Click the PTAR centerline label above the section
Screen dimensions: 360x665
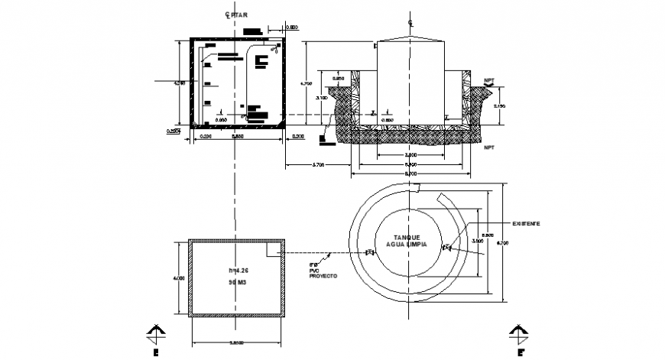pyautogui.click(x=232, y=15)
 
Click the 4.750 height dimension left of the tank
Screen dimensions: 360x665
pyautogui.click(x=304, y=84)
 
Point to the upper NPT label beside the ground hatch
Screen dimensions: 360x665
pyautogui.click(x=489, y=79)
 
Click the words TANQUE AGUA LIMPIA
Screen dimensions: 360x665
pyautogui.click(x=411, y=243)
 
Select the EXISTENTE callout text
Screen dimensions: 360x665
pyautogui.click(x=526, y=223)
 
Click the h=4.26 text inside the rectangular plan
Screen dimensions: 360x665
pyautogui.click(x=238, y=271)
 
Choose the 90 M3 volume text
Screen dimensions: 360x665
pyautogui.click(x=238, y=283)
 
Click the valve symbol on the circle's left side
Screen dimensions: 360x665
pyautogui.click(x=370, y=253)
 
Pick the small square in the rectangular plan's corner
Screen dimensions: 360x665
pyautogui.click(x=274, y=249)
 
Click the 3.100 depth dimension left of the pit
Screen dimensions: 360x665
pyautogui.click(x=322, y=98)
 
